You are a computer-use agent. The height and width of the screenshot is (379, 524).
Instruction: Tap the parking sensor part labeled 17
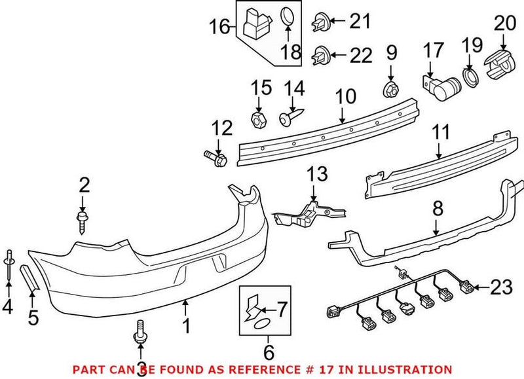coord(440,86)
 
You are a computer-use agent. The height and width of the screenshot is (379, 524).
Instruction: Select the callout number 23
coord(499,286)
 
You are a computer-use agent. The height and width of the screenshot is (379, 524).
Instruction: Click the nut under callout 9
coord(389,86)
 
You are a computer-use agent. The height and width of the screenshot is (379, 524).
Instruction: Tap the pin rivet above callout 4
coord(9,259)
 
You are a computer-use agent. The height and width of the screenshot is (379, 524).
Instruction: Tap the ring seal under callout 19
coord(470,77)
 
